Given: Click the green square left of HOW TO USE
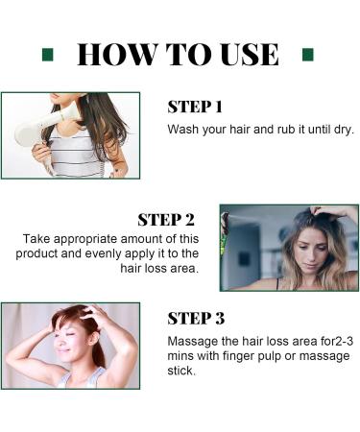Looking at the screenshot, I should [47, 54].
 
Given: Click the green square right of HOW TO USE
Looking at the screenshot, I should [308, 54].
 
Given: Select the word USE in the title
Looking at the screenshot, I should [246, 54].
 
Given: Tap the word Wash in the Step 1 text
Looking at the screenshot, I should [183, 129].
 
